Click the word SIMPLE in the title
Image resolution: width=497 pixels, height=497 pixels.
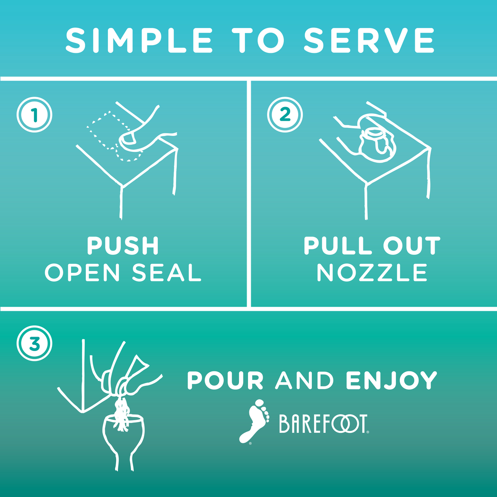139,40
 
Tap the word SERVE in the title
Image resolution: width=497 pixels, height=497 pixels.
369,40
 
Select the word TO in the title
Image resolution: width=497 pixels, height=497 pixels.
258,40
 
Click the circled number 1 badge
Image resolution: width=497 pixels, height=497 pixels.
34,114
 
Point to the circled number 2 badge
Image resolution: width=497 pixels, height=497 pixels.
285,114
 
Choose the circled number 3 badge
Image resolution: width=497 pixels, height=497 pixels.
34,343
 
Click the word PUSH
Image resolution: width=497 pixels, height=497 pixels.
122,245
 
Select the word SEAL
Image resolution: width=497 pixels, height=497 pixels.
167,272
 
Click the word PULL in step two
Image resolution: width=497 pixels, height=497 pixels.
338,245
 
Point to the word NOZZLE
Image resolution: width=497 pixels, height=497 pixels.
372,272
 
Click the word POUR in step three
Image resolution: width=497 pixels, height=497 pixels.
225,380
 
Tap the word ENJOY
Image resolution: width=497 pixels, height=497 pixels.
391,380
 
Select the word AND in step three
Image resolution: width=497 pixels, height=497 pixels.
304,380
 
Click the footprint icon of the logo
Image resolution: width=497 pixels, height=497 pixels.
254,422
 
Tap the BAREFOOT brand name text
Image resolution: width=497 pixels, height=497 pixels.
324,423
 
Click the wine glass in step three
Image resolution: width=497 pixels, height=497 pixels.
123,441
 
